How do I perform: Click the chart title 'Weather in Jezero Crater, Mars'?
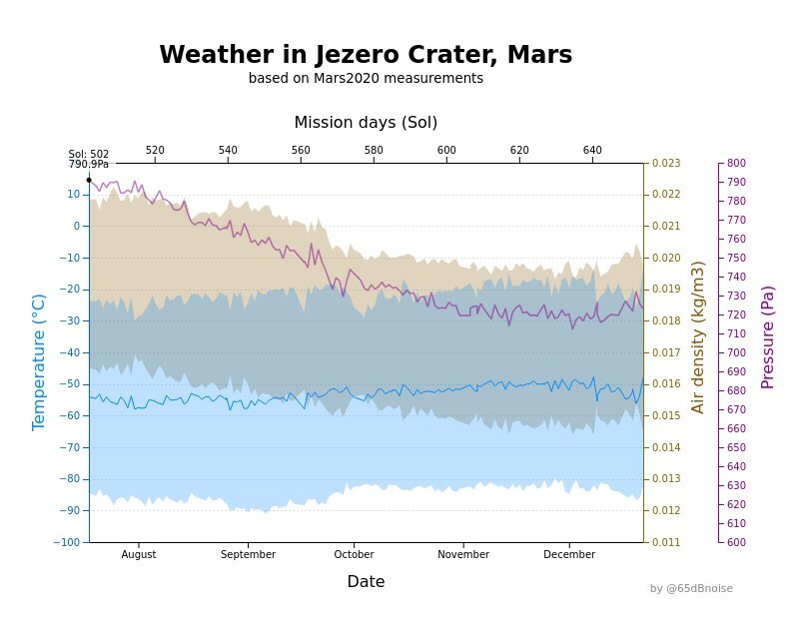pos(366,55)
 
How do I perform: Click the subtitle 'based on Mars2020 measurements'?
pos(366,79)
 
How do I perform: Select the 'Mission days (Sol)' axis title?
pos(366,123)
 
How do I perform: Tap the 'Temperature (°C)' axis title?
pos(40,361)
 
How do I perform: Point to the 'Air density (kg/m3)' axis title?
pos(698,337)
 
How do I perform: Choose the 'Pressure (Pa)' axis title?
pos(768,337)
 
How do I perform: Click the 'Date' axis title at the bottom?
pos(366,582)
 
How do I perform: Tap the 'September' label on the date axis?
pos(248,555)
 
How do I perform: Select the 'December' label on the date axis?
pos(569,555)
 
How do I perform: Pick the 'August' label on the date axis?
pos(139,555)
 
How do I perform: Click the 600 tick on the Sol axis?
pos(446,151)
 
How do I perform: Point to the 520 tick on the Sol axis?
pos(155,151)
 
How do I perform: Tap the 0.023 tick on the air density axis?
pos(666,164)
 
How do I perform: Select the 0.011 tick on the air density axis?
pos(666,542)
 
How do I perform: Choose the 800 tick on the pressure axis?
pos(736,164)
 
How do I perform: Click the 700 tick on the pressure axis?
pos(736,353)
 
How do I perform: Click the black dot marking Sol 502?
pos(89,180)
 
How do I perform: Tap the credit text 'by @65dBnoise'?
pos(691,589)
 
